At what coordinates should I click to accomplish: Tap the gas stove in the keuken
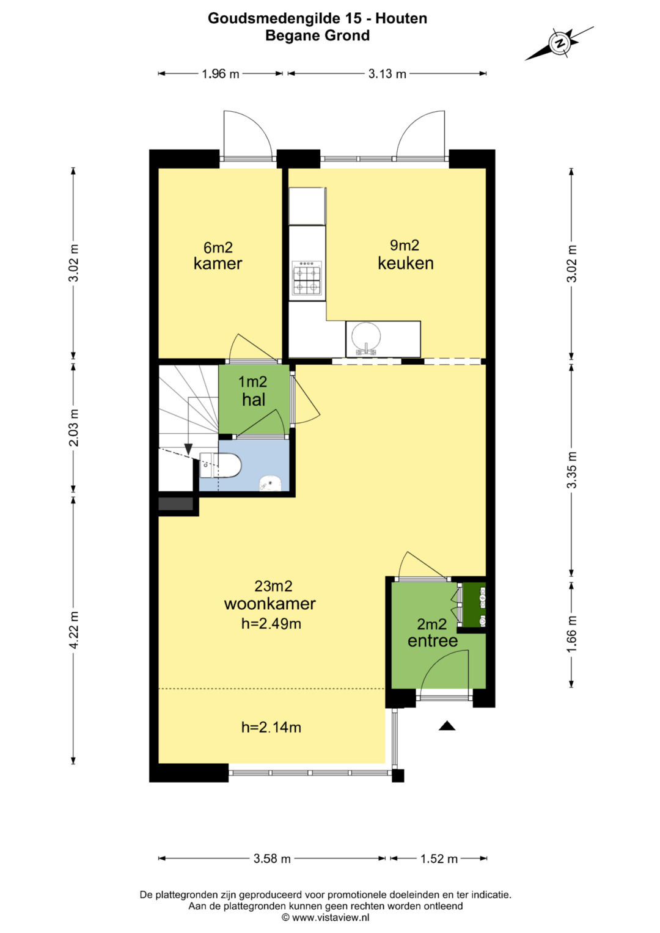307,278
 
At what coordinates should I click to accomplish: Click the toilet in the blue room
221,465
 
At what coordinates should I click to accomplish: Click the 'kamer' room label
218,264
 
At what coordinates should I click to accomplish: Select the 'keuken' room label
405,263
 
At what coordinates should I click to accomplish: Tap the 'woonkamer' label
269,604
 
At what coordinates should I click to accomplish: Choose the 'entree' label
433,640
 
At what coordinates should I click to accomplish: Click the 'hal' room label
254,400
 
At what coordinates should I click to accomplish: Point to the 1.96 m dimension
221,74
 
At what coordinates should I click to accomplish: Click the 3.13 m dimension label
387,74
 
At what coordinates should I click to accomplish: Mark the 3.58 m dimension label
272,859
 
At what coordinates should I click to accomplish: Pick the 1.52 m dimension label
439,859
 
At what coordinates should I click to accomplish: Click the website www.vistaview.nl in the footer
331,917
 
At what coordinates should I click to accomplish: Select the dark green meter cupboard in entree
474,604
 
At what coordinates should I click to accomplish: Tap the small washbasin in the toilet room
271,483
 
